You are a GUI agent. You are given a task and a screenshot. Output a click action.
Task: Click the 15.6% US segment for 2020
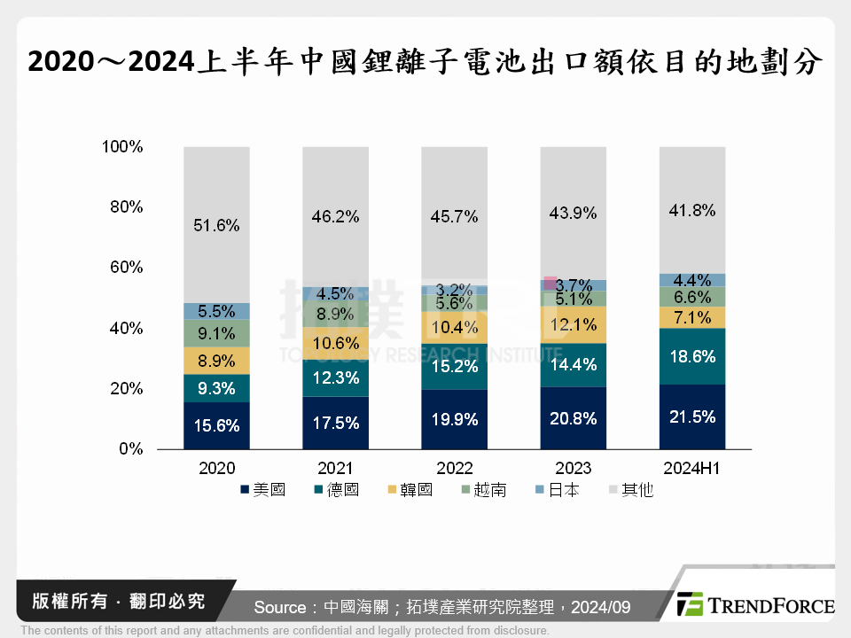click(x=217, y=425)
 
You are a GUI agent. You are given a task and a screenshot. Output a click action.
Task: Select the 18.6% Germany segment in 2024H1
click(x=691, y=356)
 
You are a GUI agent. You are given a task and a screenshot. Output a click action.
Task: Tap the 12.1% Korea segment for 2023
click(x=573, y=324)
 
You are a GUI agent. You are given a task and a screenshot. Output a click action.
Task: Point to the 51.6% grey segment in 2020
click(x=217, y=225)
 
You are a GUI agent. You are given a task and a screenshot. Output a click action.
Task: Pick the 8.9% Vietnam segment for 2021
click(x=336, y=314)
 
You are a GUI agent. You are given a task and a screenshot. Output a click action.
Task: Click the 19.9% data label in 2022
click(x=454, y=420)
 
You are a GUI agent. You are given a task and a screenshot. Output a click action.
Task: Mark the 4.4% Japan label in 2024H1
click(x=691, y=281)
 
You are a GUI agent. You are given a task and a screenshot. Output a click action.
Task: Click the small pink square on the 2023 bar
click(x=550, y=284)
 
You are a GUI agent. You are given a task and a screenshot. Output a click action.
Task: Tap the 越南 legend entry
click(x=482, y=489)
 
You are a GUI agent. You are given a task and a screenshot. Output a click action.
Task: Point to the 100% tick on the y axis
click(x=123, y=146)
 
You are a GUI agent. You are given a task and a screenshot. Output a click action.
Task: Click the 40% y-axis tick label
click(x=127, y=328)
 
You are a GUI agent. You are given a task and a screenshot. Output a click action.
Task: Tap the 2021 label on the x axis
click(x=335, y=468)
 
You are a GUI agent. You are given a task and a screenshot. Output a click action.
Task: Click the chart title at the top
click(x=425, y=62)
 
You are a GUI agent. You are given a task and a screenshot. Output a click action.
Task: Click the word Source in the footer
click(x=279, y=607)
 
